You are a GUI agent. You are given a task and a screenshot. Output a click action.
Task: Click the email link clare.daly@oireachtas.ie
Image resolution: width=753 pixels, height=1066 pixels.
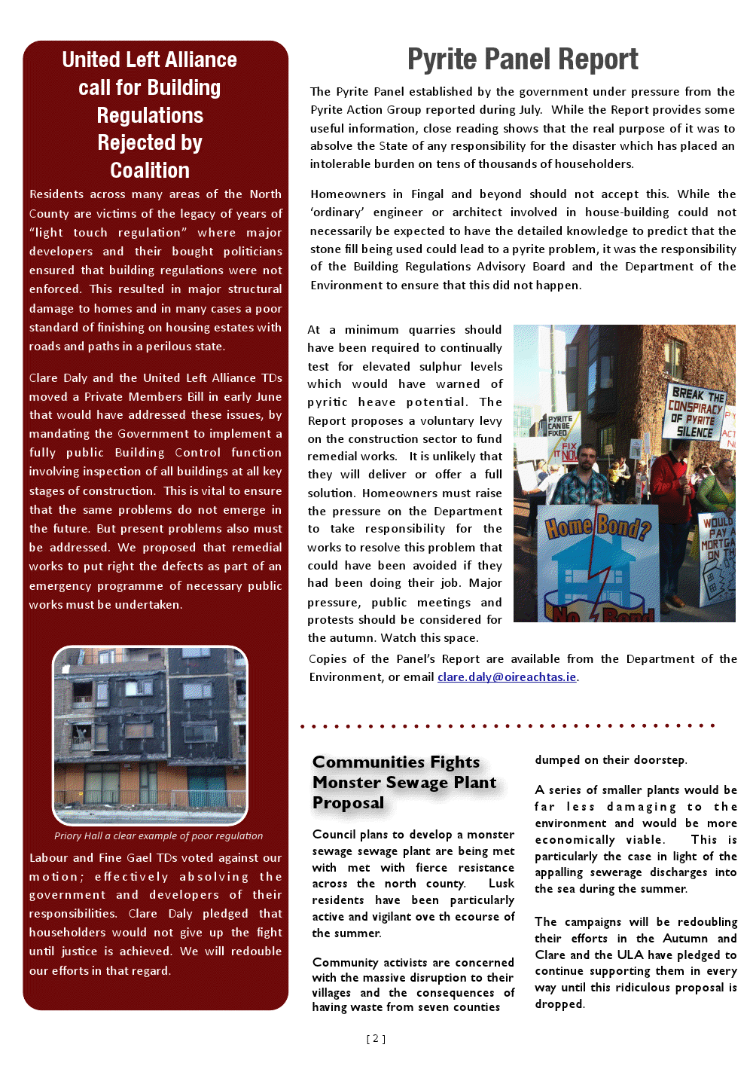507,677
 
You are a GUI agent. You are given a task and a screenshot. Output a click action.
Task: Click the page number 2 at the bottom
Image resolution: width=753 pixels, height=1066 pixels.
376,1038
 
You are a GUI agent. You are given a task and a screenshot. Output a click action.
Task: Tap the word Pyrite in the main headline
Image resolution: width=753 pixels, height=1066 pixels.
441,59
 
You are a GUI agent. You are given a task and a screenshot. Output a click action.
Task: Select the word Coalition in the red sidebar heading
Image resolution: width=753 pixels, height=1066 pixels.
150,170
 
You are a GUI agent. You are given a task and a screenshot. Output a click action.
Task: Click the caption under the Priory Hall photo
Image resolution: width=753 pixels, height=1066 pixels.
158,835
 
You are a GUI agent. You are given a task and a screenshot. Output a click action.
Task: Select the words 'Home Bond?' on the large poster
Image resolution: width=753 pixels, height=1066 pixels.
597,527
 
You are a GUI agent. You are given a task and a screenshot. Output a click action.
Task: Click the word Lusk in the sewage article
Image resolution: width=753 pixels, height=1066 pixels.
501,883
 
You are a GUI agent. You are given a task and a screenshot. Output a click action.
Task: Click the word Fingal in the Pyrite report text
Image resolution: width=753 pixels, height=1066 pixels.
427,194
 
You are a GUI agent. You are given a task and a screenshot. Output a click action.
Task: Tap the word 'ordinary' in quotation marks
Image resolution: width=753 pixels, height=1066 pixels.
337,212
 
